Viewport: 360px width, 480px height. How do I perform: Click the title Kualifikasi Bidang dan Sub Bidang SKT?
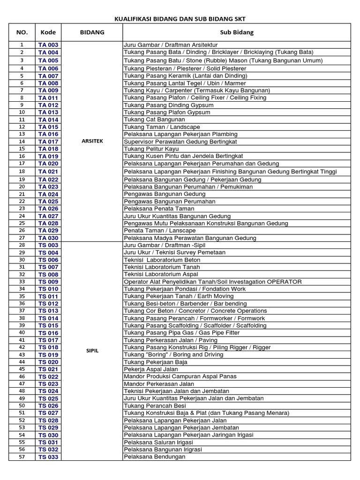click(180, 19)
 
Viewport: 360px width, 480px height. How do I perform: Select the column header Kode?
click(48, 32)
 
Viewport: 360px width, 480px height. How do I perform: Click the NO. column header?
click(22, 32)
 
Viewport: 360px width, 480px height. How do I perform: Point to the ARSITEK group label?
click(92, 141)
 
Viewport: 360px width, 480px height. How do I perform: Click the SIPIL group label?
click(92, 351)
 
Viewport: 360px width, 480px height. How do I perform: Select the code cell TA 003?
click(48, 45)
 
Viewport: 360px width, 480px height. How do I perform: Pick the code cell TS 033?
click(48, 457)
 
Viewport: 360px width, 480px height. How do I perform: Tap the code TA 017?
click(48, 142)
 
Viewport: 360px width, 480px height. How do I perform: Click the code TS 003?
click(48, 245)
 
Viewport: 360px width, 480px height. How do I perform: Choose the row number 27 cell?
click(22, 238)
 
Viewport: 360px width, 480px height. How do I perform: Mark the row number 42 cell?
click(22, 347)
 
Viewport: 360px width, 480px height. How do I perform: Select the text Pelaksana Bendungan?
click(155, 457)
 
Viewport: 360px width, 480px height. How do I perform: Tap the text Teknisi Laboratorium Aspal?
click(161, 274)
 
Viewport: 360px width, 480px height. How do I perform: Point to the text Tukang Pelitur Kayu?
click(151, 149)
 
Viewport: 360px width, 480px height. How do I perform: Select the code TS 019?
click(48, 355)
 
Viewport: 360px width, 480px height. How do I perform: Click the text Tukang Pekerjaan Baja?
click(156, 362)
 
